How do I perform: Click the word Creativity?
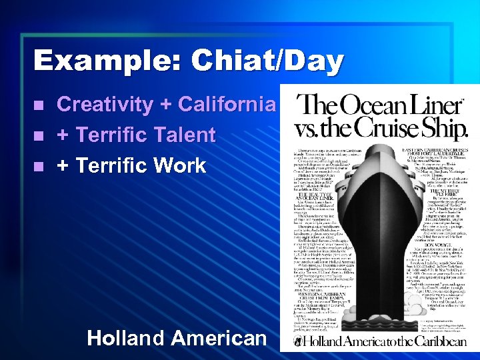click(105, 105)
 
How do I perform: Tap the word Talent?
click(183, 135)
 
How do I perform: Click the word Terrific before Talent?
click(111, 135)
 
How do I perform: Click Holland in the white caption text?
click(126, 338)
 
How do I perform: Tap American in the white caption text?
click(219, 338)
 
